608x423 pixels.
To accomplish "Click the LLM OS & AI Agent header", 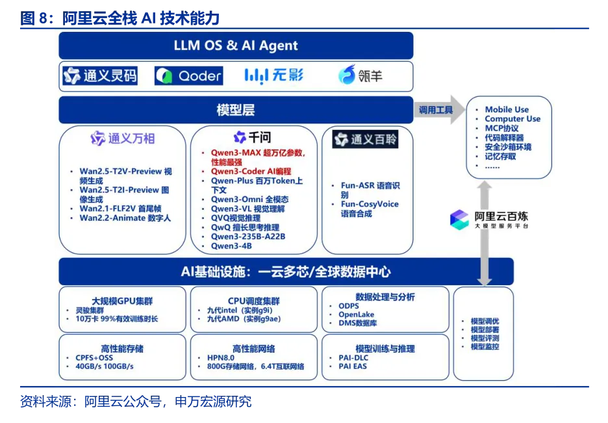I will (x=236, y=45).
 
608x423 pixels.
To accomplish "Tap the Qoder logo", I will (x=188, y=76).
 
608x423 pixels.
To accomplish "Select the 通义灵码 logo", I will (x=100, y=76).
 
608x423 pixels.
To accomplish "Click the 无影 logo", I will (x=273, y=76).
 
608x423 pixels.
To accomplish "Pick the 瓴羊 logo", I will (x=360, y=76).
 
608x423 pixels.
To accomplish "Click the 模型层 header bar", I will (x=236, y=110).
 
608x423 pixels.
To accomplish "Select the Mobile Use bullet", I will (x=507, y=110).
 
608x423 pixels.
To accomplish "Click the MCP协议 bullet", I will (x=501, y=129).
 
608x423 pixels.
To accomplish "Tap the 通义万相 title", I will (x=123, y=138).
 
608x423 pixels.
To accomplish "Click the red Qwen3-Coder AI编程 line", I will (x=251, y=172).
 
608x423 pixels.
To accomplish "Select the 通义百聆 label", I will (x=365, y=139).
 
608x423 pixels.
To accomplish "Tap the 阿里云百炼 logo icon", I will (x=459, y=220).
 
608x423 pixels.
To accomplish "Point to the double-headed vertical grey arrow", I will (x=484, y=234).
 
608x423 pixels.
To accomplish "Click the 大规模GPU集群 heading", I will (x=122, y=301).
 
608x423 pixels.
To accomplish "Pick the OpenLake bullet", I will (x=356, y=314).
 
